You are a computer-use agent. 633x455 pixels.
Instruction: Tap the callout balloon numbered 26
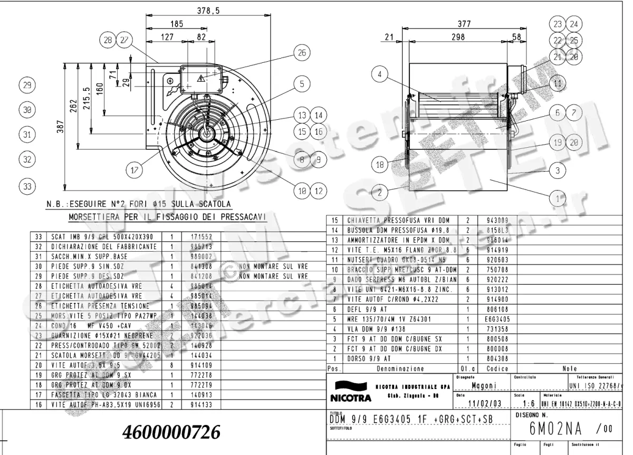(301, 53)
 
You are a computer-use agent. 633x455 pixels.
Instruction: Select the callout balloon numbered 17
(135, 170)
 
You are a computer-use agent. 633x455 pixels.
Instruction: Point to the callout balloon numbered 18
(380, 165)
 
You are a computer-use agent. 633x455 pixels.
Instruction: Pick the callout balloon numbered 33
(27, 186)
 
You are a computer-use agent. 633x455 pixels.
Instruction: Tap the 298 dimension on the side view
(457, 37)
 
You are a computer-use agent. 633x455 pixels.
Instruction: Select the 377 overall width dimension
(464, 23)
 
